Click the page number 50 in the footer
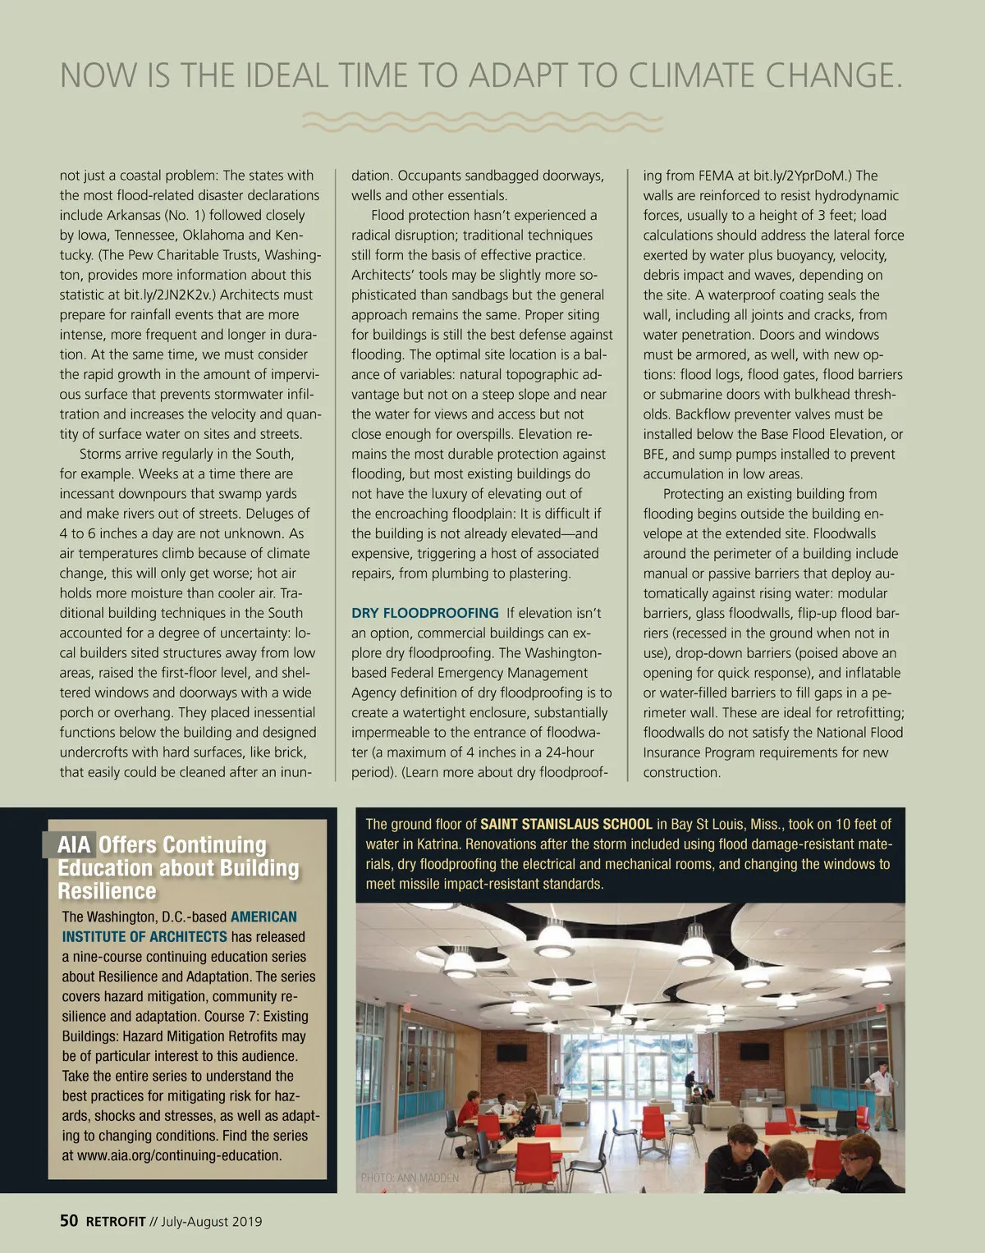click(69, 1220)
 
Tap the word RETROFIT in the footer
click(116, 1221)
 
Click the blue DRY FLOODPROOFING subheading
click(424, 613)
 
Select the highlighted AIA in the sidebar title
click(74, 844)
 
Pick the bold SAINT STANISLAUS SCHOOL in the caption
click(566, 824)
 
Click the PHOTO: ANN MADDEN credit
click(410, 1178)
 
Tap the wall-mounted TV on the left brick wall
click(511, 1052)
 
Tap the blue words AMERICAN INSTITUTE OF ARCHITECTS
click(180, 926)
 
